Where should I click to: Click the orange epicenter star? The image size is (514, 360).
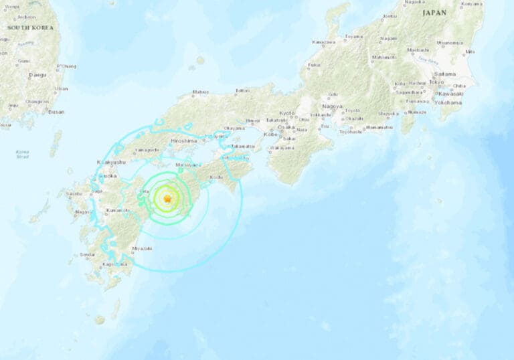pyautogui.click(x=167, y=199)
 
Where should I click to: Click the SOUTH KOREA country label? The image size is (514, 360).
pyautogui.click(x=29, y=27)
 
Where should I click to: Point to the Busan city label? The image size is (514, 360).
pyautogui.click(x=56, y=112)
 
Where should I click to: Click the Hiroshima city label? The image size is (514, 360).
pyautogui.click(x=183, y=141)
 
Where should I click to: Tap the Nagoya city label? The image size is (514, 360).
pyautogui.click(x=331, y=106)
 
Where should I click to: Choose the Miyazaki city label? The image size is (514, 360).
pyautogui.click(x=142, y=248)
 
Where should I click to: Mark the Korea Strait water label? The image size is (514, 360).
pyautogui.click(x=23, y=154)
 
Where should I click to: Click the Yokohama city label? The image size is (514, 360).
pyautogui.click(x=450, y=102)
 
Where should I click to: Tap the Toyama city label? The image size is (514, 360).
pyautogui.click(x=354, y=36)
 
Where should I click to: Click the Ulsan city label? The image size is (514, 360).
pyautogui.click(x=62, y=88)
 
